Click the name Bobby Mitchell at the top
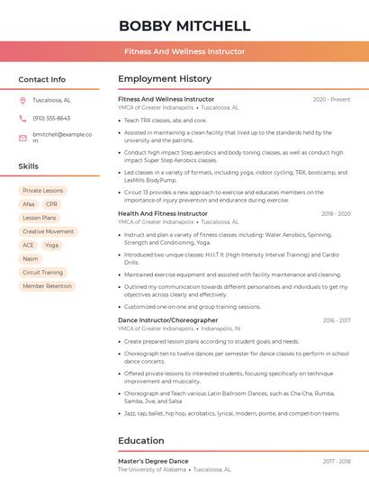[184, 25]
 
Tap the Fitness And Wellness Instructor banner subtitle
[184, 51]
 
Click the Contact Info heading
[41, 79]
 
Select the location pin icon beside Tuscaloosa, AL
[22, 100]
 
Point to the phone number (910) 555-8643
[51, 118]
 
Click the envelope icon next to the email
[22, 137]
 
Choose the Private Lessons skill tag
[43, 191]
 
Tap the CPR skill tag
[51, 204]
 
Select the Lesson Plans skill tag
[40, 218]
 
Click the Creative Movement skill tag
[49, 231]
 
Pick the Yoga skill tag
[51, 245]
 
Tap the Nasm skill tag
[31, 258]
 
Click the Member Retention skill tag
[47, 286]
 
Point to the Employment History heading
[165, 79]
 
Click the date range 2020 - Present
[331, 99]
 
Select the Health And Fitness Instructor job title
[163, 213]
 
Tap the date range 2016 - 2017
[337, 320]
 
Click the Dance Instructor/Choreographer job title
[167, 320]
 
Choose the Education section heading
[141, 441]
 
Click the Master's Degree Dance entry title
[154, 461]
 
